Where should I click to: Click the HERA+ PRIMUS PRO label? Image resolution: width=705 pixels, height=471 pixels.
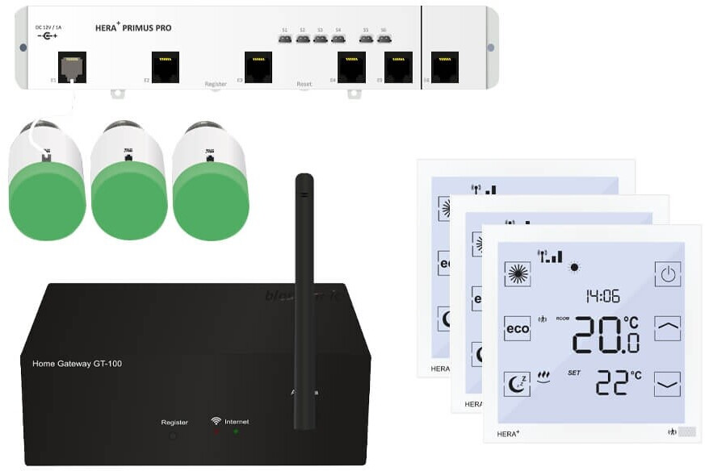[x=133, y=28]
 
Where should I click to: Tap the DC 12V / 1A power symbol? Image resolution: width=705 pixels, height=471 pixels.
[x=47, y=36]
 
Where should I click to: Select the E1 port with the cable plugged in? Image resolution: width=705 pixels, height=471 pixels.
[x=73, y=67]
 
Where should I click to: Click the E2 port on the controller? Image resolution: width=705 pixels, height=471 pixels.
[x=166, y=67]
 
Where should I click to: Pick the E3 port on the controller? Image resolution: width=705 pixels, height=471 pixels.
[x=258, y=67]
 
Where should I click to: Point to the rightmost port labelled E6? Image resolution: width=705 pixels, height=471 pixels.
[x=444, y=67]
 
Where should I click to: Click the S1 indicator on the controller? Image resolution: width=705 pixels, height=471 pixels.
[x=284, y=38]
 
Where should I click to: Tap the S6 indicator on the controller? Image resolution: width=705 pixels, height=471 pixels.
[x=383, y=38]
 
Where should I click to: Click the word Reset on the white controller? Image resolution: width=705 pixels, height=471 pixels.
[x=304, y=84]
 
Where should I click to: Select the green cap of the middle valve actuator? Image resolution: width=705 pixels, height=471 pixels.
[x=129, y=202]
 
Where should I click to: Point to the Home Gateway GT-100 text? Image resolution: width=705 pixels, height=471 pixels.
[x=77, y=364]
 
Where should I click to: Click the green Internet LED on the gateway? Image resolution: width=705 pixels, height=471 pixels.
[x=236, y=432]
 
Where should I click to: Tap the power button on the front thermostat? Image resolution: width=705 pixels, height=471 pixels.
[x=667, y=274]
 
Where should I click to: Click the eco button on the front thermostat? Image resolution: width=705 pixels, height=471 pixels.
[x=517, y=328]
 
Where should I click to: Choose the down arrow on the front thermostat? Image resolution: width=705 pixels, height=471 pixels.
[x=667, y=384]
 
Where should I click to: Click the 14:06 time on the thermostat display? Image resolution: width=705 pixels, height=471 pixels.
[x=602, y=296]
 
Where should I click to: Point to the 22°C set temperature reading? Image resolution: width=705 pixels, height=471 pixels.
[x=617, y=381]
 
